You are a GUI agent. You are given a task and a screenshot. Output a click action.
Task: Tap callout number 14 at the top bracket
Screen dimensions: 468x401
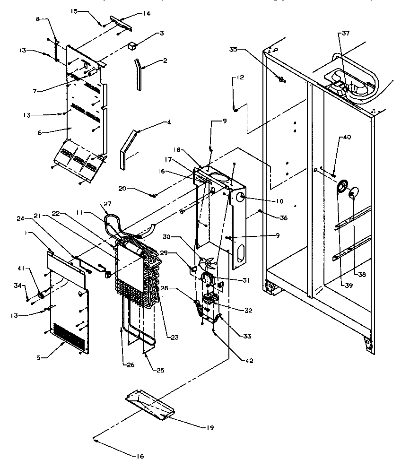click(146, 14)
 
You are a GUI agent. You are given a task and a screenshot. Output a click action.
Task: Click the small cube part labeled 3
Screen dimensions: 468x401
click(132, 46)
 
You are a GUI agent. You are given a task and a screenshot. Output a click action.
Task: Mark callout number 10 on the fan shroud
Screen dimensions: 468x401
click(279, 201)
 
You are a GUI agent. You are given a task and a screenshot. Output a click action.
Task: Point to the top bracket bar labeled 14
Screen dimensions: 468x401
click(121, 21)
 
